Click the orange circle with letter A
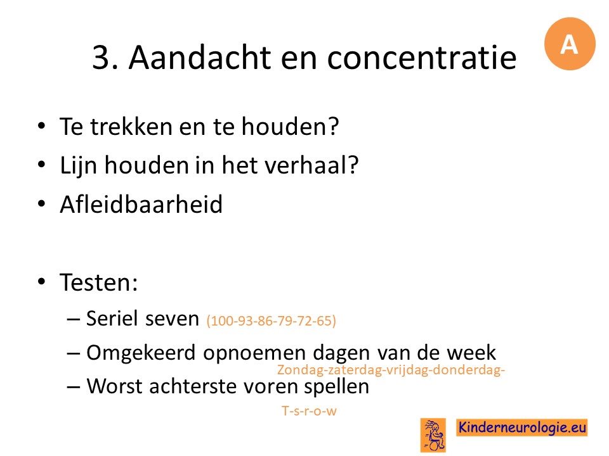[570, 44]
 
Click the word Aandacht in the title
[200, 58]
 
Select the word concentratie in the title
[422, 58]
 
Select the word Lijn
[78, 166]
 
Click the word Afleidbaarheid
[141, 205]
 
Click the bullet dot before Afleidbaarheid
[42, 203]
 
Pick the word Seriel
[112, 319]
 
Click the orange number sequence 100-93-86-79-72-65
[272, 320]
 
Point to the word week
[471, 353]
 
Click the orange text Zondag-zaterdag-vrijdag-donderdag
[391, 369]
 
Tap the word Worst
[114, 386]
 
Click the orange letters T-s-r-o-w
[309, 410]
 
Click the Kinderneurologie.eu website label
[521, 427]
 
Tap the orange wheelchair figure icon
[433, 435]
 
